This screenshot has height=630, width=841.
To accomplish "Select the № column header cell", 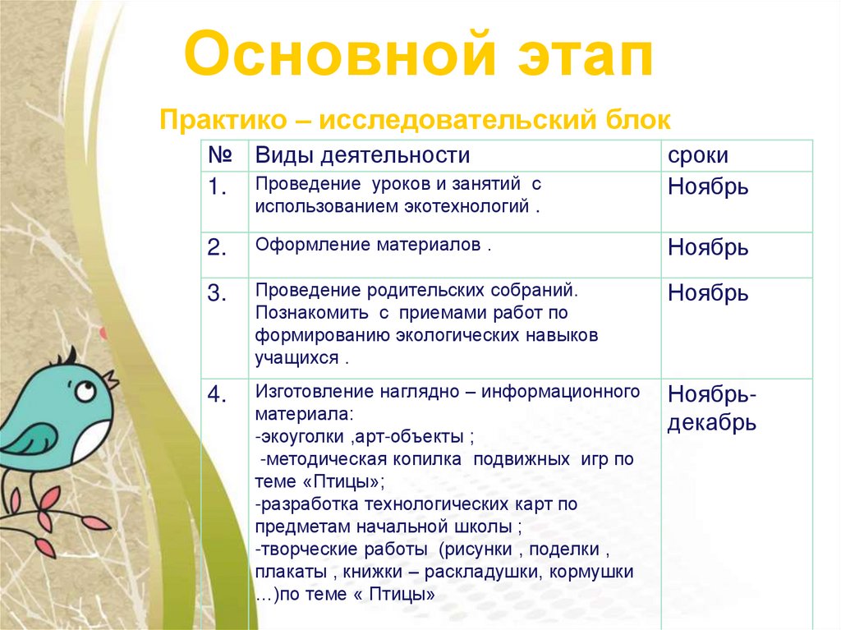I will tap(217, 155).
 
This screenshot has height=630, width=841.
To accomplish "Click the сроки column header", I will tap(698, 156).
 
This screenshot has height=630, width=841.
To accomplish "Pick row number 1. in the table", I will tap(217, 187).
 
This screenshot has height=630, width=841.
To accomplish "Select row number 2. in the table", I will tap(217, 248).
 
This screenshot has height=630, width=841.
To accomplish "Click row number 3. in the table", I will tap(217, 294).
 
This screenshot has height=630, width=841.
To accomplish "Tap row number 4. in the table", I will tap(217, 395).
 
